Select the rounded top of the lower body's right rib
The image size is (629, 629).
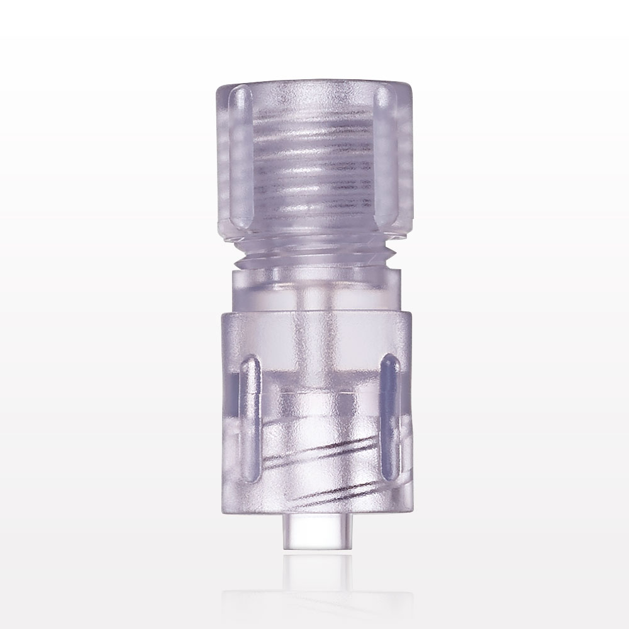389,362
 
